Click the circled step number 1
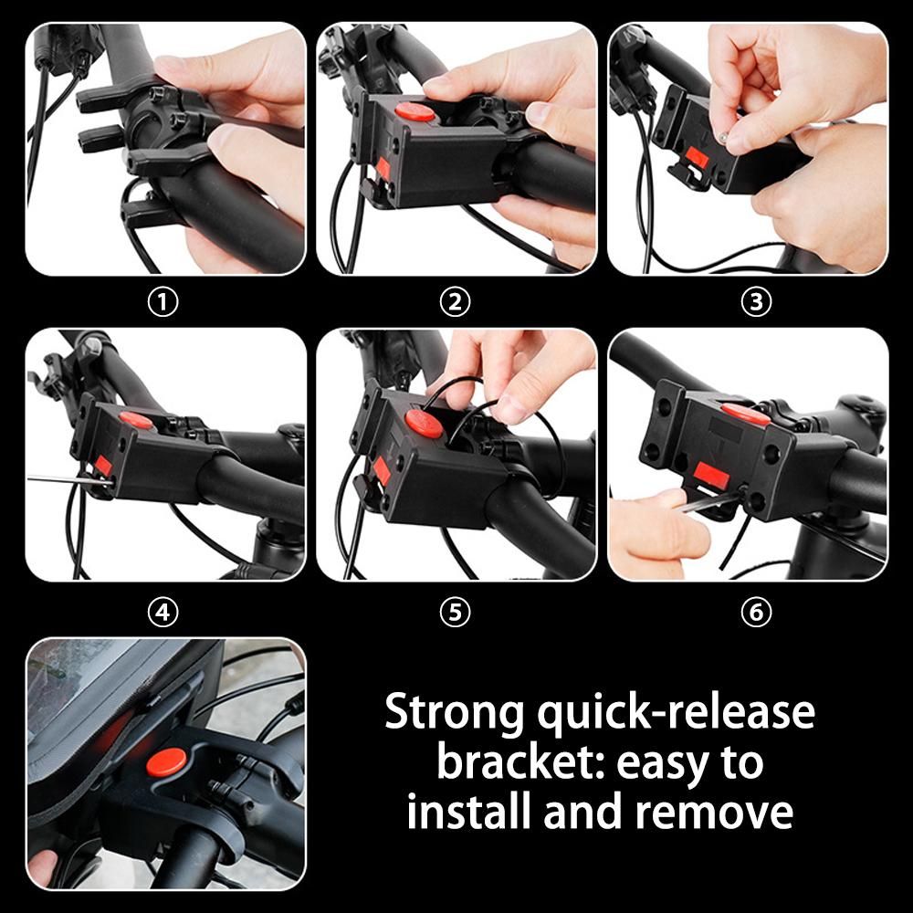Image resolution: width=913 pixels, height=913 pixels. click(x=163, y=302)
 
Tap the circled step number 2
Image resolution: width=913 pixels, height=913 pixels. click(x=455, y=302)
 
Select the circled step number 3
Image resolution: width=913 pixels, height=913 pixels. click(x=756, y=302)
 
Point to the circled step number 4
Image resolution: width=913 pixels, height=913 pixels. click(x=163, y=612)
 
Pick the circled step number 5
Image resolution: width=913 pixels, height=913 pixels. click(x=455, y=612)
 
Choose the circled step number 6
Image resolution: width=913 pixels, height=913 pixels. click(x=756, y=612)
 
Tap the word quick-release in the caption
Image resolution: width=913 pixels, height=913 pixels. click(x=676, y=711)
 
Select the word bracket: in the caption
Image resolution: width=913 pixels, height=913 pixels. click(x=520, y=761)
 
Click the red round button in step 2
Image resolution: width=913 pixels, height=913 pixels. click(x=415, y=111)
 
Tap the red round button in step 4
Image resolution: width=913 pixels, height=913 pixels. click(x=136, y=420)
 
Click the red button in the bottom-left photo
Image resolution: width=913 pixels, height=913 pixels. click(x=166, y=762)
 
